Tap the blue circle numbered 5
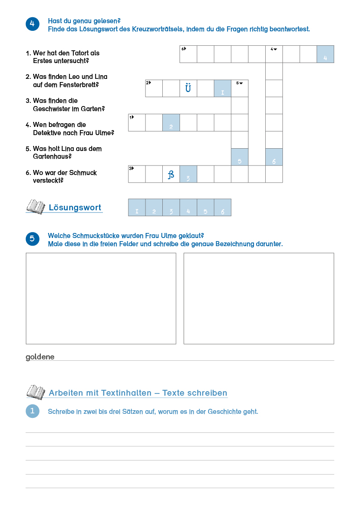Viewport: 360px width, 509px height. coord(33,239)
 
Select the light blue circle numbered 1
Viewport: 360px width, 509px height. coord(33,411)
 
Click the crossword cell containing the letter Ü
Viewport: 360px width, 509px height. coord(188,88)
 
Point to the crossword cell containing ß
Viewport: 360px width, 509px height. coord(171,174)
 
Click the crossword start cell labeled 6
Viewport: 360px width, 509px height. coord(188,54)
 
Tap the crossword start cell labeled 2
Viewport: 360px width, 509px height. coord(154,88)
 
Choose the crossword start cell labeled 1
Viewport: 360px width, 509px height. coord(136,122)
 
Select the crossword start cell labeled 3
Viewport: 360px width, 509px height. coord(136,174)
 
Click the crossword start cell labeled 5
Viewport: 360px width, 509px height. coord(240,88)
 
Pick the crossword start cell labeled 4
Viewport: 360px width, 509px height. coord(274,54)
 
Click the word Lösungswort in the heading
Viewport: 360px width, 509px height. coord(75,208)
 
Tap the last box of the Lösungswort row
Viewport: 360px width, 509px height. coord(222,208)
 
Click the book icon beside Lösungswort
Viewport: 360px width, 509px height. coord(35,207)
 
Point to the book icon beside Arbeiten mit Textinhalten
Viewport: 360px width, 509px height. coord(35,392)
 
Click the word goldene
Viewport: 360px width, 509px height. coord(40,357)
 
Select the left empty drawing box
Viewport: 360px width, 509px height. coord(101,298)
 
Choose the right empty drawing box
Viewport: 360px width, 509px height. coord(258,298)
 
